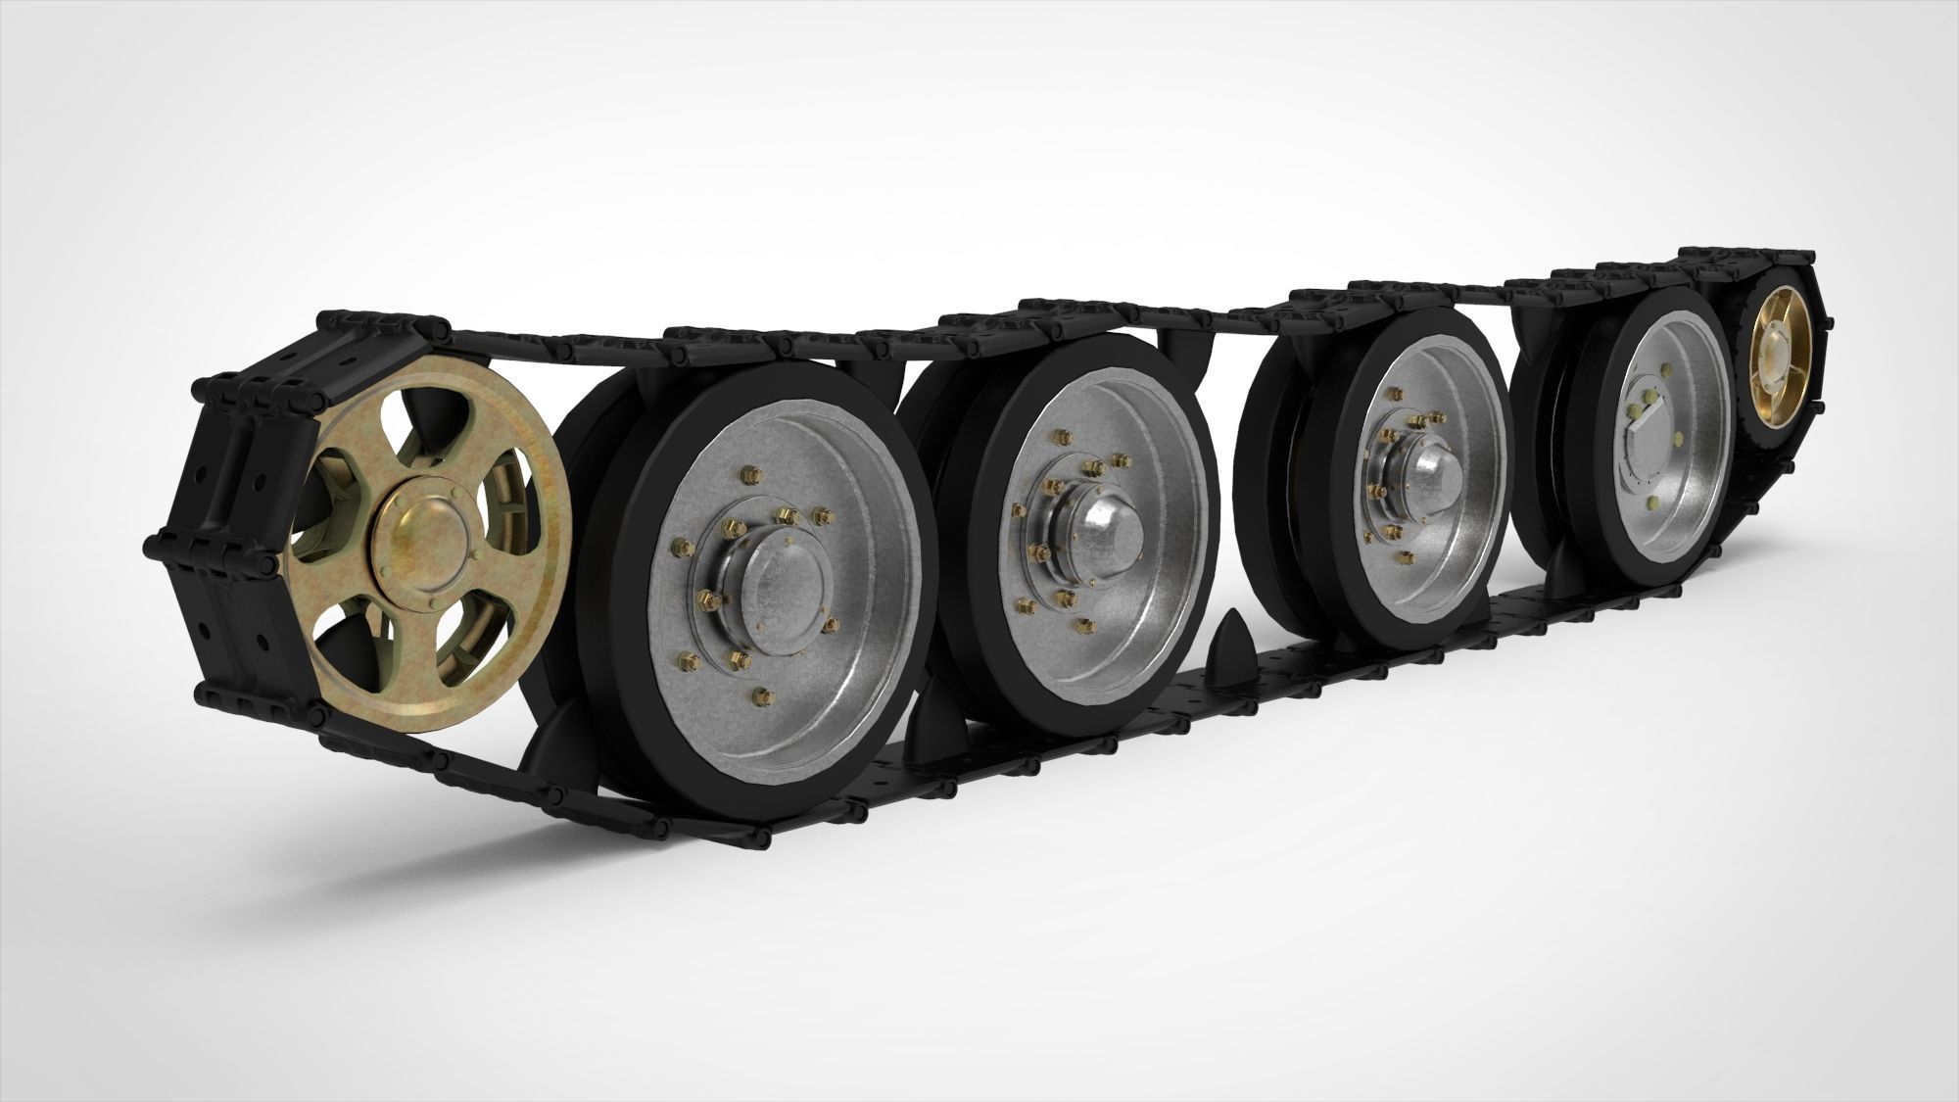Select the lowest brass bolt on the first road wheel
(761, 697)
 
